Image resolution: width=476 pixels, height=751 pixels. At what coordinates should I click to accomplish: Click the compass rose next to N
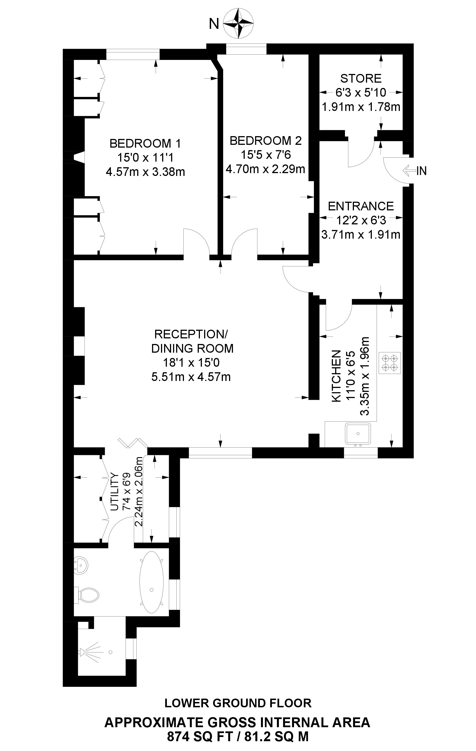(x=239, y=24)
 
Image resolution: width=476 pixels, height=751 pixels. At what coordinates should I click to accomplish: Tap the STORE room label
(x=361, y=78)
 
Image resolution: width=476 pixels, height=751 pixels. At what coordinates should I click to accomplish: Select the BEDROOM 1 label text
(x=145, y=143)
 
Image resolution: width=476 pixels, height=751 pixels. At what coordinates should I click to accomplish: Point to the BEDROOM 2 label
(x=266, y=141)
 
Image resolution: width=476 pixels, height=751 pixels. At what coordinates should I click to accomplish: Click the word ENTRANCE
(x=361, y=206)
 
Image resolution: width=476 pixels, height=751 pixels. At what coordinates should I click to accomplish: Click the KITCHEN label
(x=336, y=376)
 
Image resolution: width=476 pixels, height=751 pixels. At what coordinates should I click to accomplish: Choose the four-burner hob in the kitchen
(x=390, y=363)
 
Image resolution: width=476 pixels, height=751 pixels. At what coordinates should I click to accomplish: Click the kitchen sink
(x=358, y=434)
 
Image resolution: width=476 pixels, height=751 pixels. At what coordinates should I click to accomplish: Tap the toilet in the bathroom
(x=86, y=595)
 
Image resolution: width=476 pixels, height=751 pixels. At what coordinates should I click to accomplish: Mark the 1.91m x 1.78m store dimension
(x=361, y=107)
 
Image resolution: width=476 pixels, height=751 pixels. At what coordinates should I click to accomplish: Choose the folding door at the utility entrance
(x=133, y=443)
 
